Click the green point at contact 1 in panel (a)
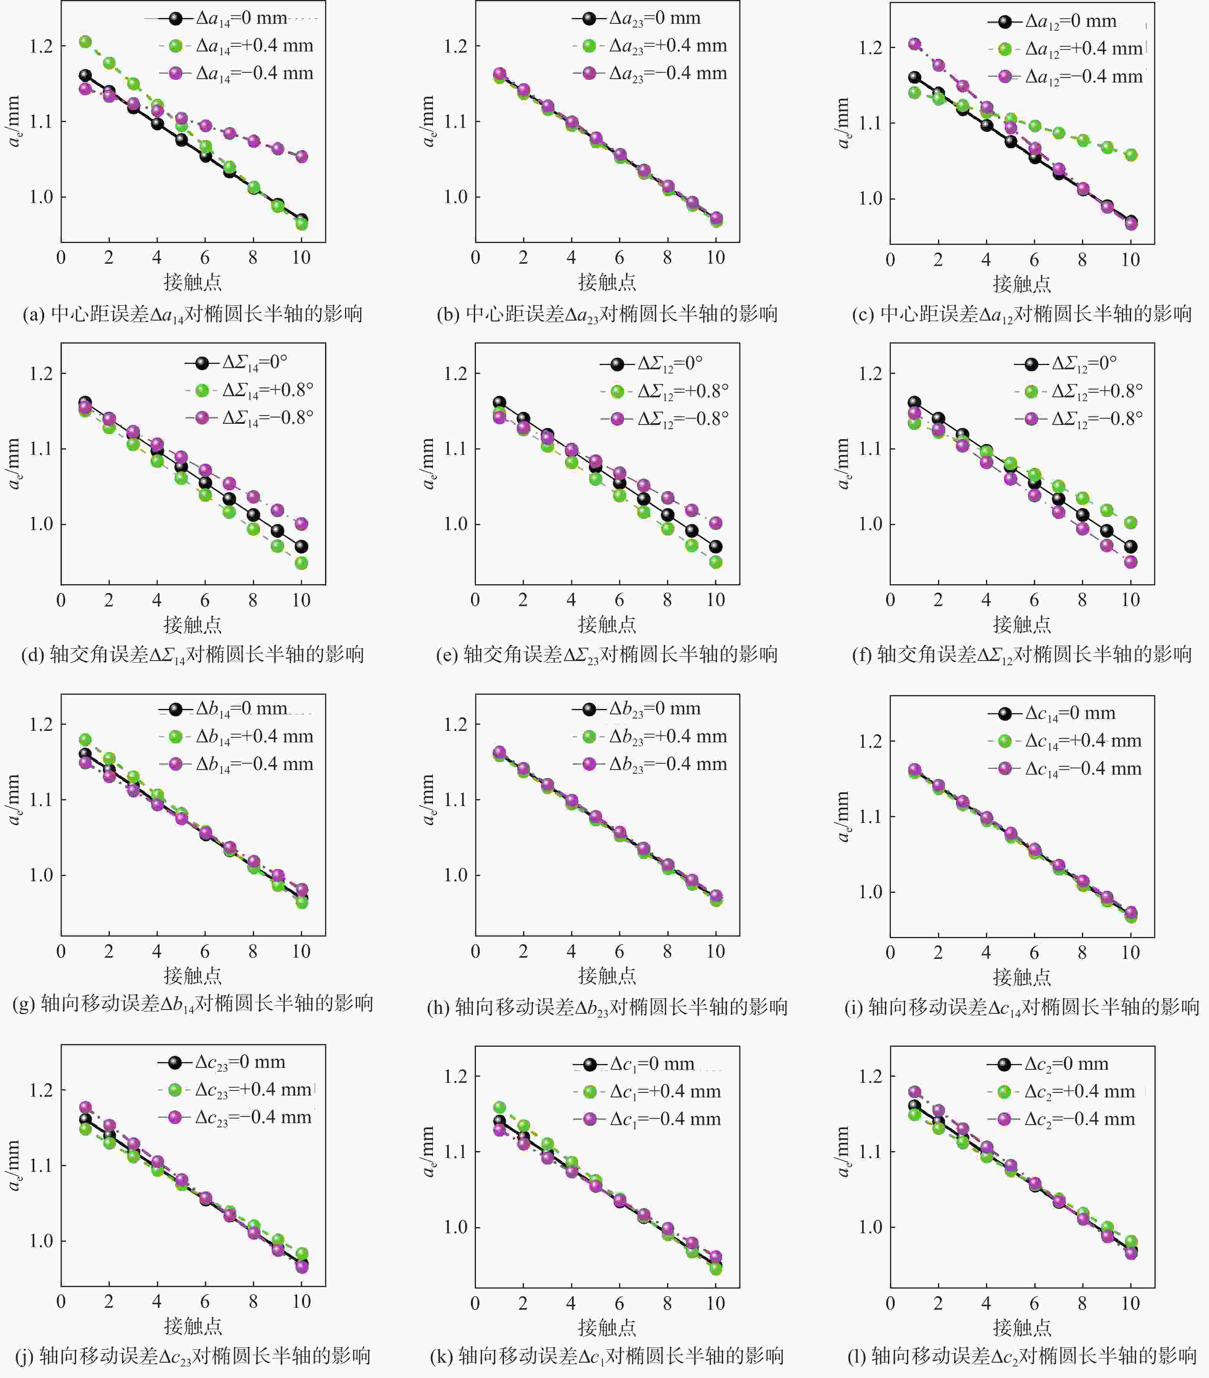[85, 42]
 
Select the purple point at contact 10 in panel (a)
[301, 156]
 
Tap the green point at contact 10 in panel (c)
[1131, 155]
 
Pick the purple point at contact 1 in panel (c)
[914, 44]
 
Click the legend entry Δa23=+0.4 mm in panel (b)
[667, 46]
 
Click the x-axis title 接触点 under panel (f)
[1022, 624]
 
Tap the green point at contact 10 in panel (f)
[1131, 522]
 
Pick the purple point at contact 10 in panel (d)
[301, 524]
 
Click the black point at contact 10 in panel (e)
[715, 547]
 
